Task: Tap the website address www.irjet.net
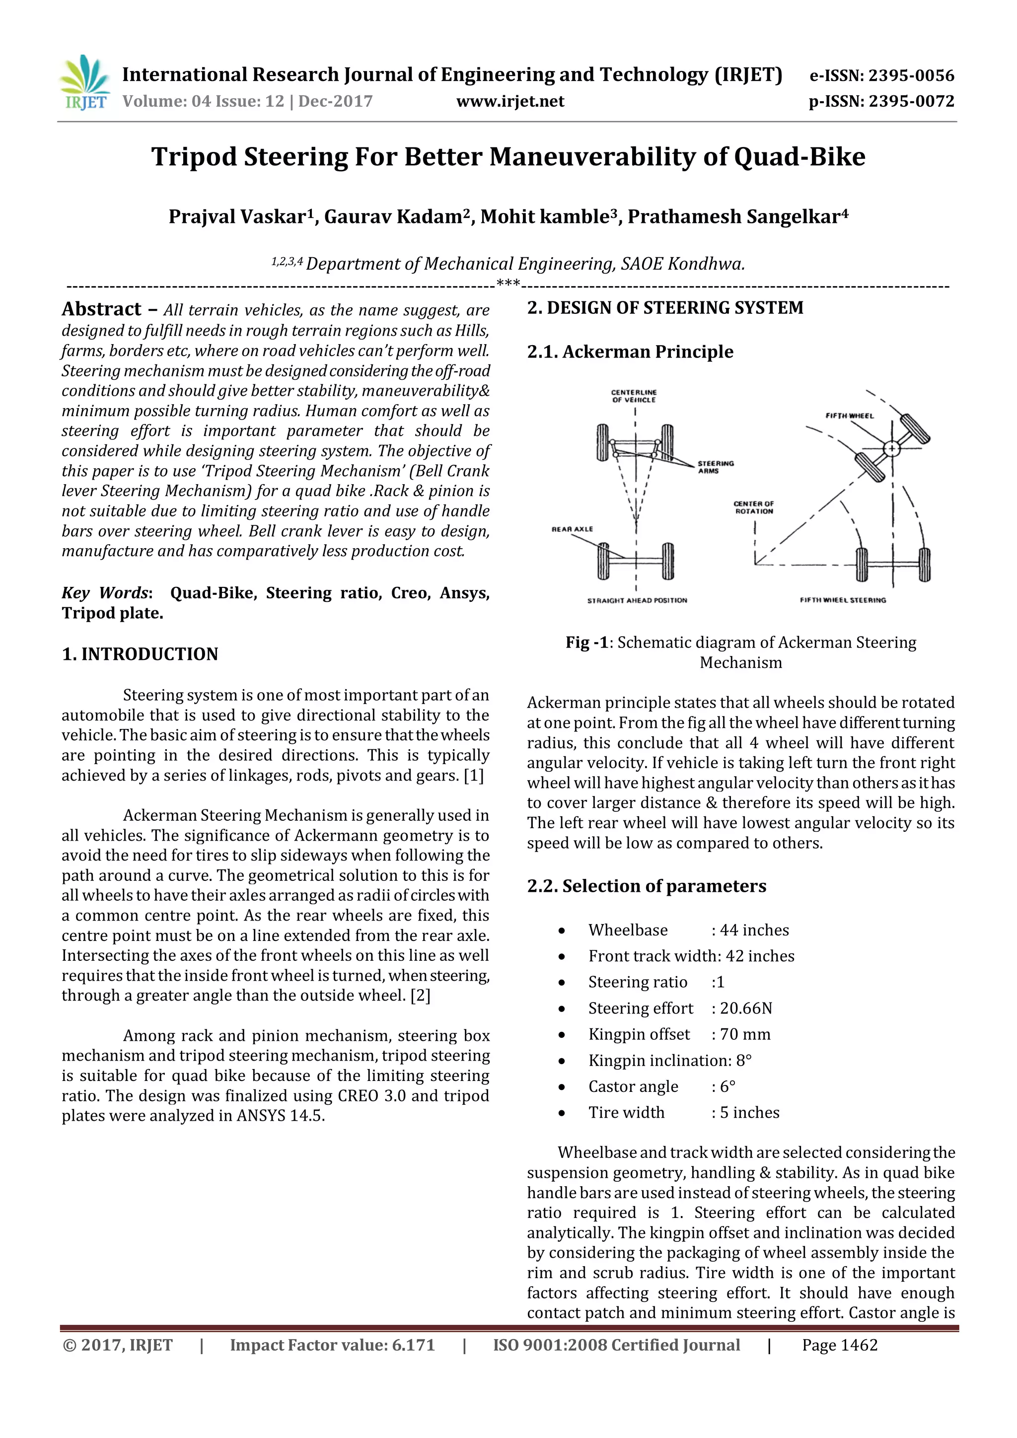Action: click(510, 101)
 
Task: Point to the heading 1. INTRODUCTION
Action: click(140, 654)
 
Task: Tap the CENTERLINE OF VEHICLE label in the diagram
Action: click(634, 396)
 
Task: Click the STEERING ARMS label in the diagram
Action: click(715, 467)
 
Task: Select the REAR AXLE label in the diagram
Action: click(572, 529)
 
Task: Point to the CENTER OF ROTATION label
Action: click(754, 507)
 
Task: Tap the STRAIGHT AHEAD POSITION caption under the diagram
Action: click(637, 600)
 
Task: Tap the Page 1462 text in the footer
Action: click(840, 1345)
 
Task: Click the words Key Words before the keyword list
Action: click(105, 593)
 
